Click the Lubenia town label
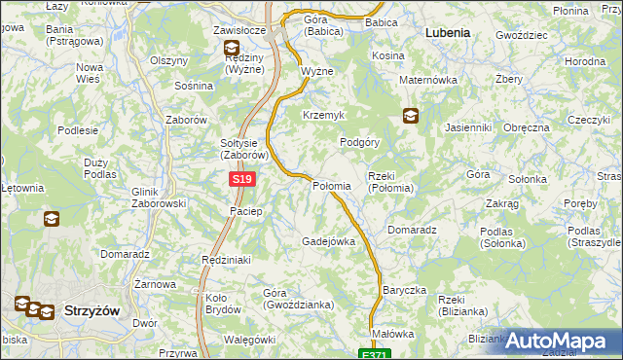[448, 32]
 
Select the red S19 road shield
[242, 180]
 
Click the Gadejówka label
[328, 241]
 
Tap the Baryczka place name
[404, 291]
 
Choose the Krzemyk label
[324, 115]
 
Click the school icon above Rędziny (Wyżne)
[231, 48]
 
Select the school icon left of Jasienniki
[411, 116]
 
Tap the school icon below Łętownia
[51, 219]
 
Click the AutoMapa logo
[561, 341]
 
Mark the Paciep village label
[245, 211]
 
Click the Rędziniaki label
[226, 260]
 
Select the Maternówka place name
[425, 94]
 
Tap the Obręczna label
[528, 127]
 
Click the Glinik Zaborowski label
[158, 198]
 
